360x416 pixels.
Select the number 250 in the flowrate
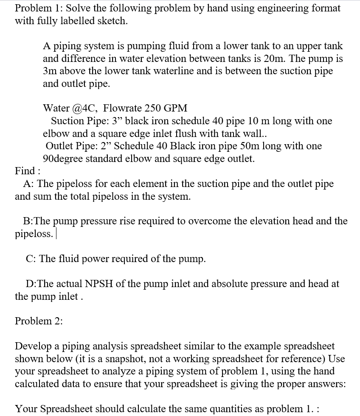[154, 108]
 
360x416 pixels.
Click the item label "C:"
[31, 259]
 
